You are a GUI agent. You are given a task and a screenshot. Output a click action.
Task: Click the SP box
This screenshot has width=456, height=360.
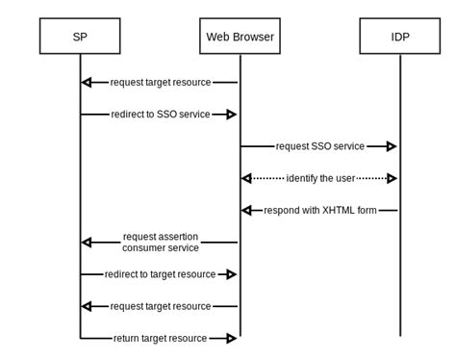[80, 37]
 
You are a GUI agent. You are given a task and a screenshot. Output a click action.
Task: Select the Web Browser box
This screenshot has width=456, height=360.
[240, 37]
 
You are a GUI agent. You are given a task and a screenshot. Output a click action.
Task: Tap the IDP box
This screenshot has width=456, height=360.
[399, 37]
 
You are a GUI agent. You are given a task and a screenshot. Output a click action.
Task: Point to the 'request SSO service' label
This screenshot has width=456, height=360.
[319, 146]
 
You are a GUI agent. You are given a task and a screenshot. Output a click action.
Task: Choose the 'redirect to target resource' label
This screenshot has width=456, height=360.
[160, 274]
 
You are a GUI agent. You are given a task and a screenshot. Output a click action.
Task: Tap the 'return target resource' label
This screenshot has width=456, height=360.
[160, 338]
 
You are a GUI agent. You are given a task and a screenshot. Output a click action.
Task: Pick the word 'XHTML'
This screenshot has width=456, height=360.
[341, 210]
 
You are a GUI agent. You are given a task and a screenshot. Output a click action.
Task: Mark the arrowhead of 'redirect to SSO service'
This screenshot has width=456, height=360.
[231, 114]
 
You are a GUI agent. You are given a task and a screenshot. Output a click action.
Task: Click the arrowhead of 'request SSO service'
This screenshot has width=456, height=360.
[391, 146]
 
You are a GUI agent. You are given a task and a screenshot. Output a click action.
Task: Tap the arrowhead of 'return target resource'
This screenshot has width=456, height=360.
[231, 338]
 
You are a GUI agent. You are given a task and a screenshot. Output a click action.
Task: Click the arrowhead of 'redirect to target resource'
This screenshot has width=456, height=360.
[231, 274]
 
